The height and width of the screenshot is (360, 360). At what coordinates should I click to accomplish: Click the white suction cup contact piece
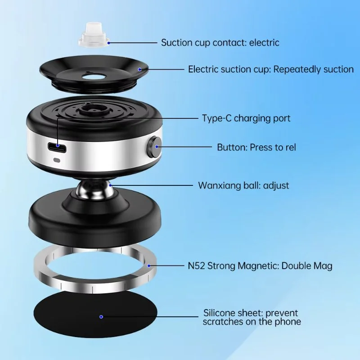(x=94, y=35)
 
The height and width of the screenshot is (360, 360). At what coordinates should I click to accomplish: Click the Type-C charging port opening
(x=58, y=147)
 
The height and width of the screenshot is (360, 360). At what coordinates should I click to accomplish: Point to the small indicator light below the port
(x=57, y=160)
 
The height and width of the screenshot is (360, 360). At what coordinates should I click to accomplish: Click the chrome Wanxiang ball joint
(x=93, y=189)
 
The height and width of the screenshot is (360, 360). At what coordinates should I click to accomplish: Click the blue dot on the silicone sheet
(x=101, y=317)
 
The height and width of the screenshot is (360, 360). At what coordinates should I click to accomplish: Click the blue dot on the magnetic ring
(x=149, y=265)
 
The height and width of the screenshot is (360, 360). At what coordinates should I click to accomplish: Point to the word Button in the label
(x=232, y=147)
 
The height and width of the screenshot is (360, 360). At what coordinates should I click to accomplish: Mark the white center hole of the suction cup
(x=93, y=77)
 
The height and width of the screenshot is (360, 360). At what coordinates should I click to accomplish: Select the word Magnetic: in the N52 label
(x=258, y=266)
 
